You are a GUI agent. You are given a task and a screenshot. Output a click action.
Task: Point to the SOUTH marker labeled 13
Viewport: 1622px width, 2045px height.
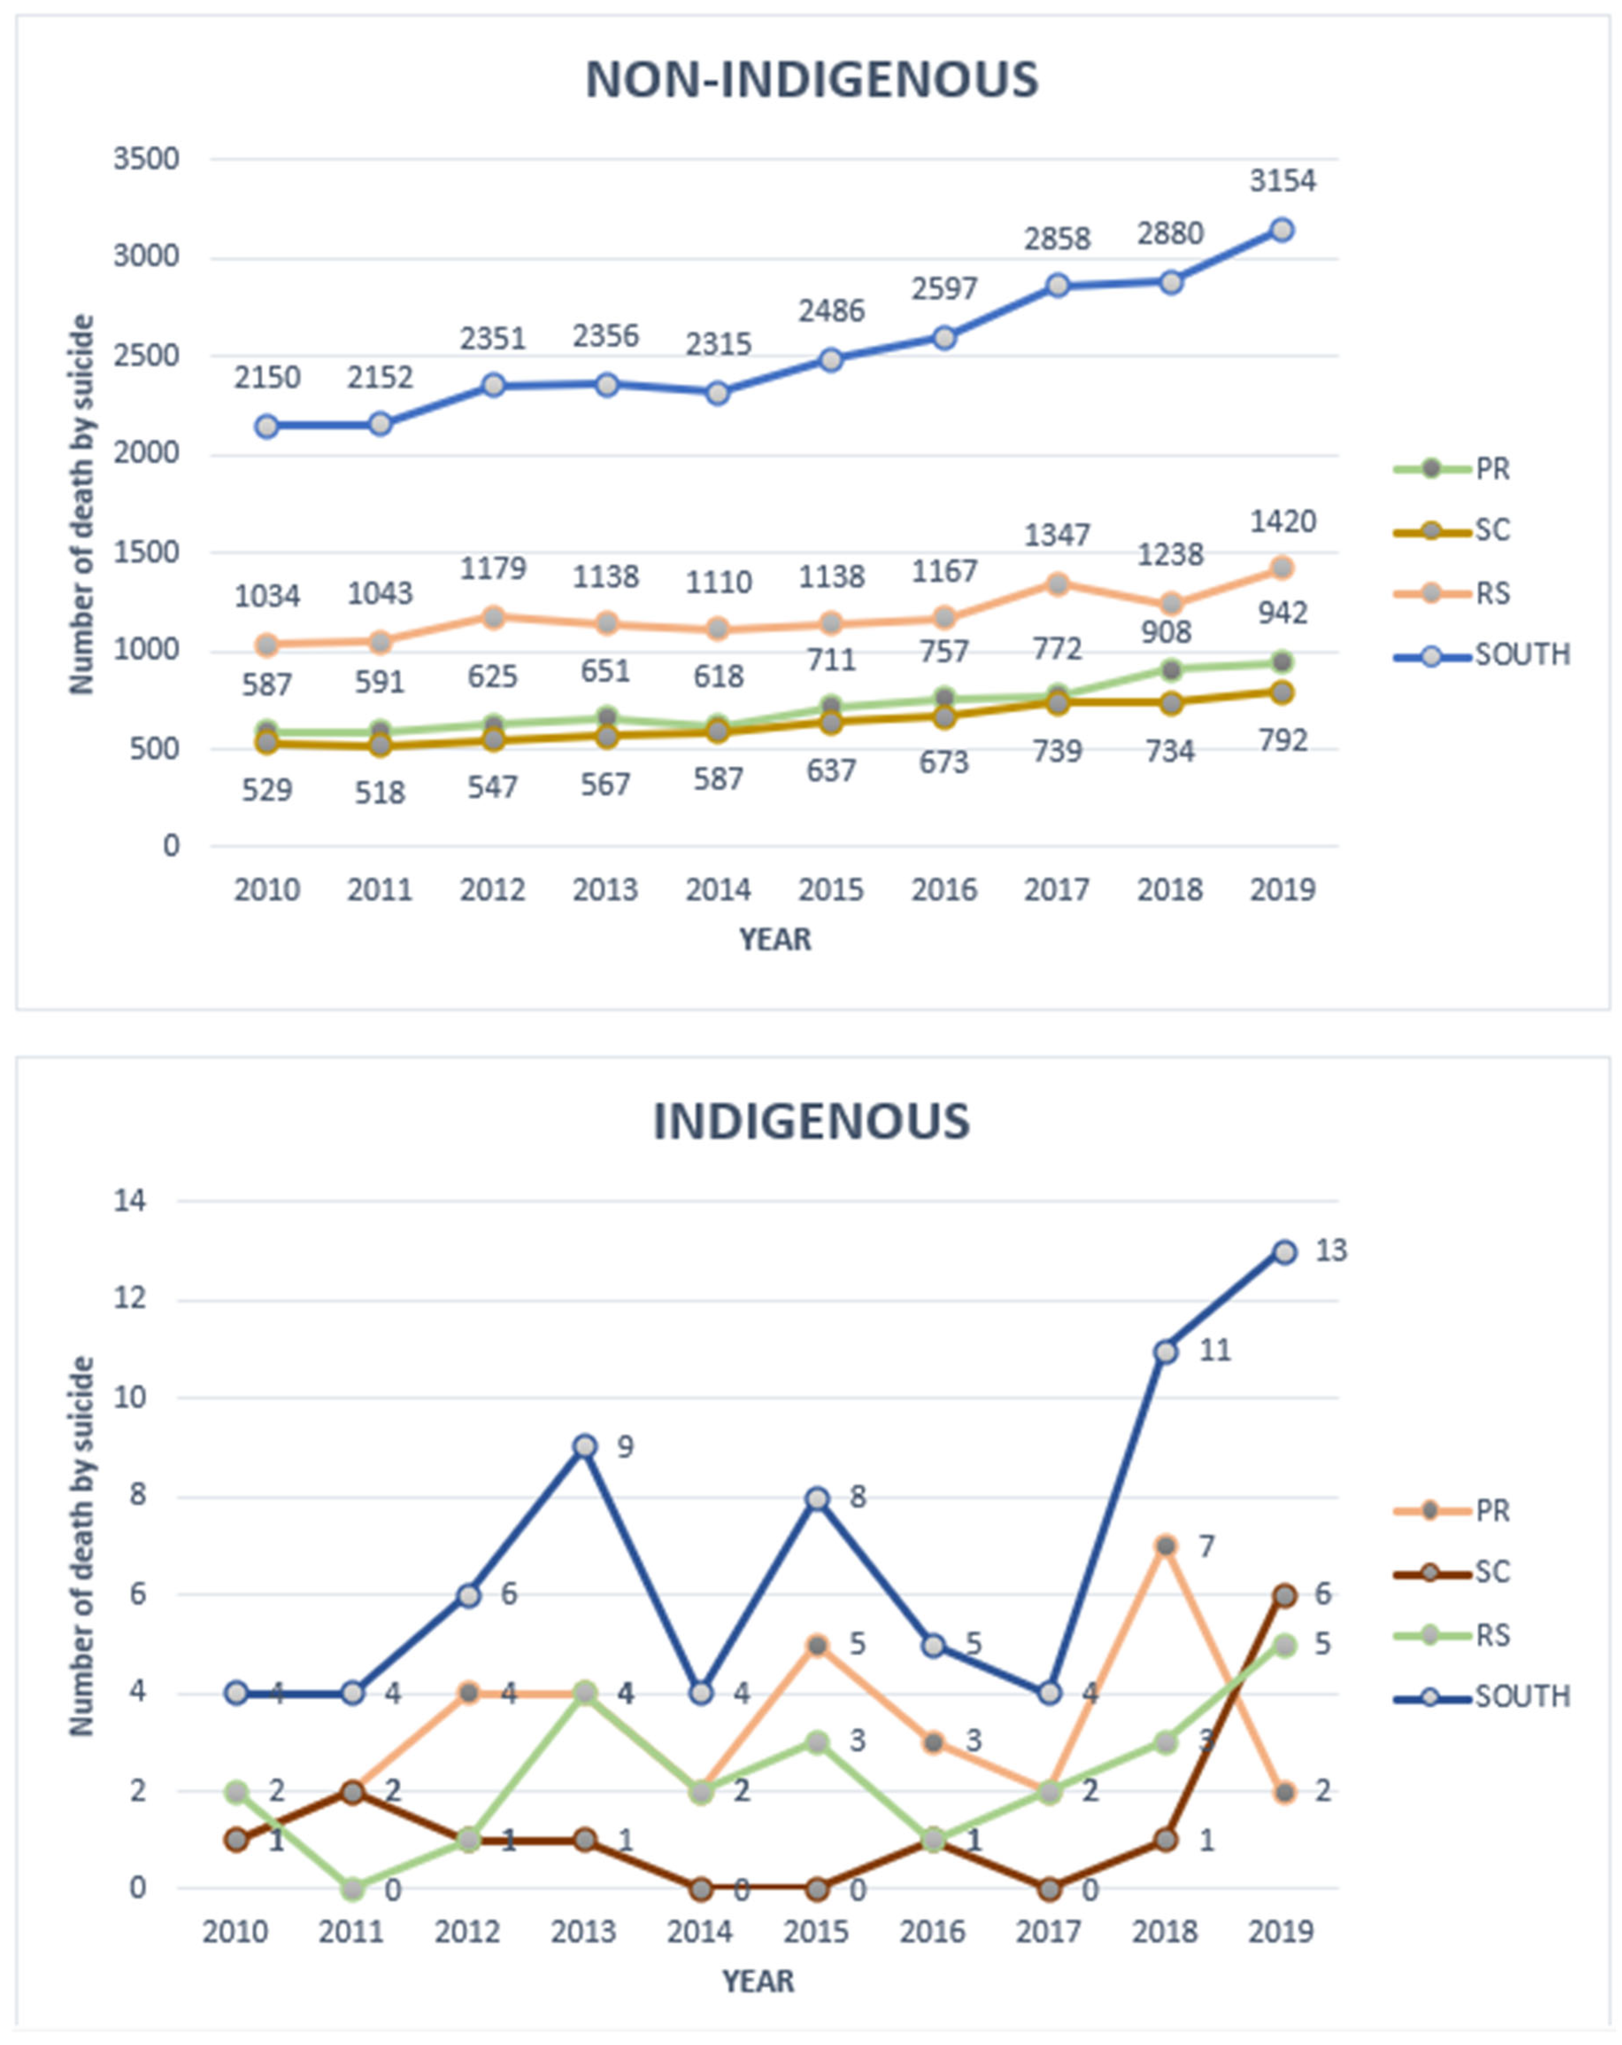coord(1284,1252)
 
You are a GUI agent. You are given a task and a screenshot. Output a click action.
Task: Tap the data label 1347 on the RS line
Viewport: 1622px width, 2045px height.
coord(1057,535)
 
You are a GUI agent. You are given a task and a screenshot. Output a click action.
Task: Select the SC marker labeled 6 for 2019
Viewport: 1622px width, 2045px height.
coord(1284,1595)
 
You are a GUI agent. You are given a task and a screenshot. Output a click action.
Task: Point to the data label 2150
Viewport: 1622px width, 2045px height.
coord(268,377)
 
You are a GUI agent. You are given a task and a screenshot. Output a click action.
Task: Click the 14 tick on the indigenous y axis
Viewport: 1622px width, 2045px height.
coord(131,1201)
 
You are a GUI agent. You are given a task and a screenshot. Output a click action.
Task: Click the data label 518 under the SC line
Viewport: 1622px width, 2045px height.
coord(380,792)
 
